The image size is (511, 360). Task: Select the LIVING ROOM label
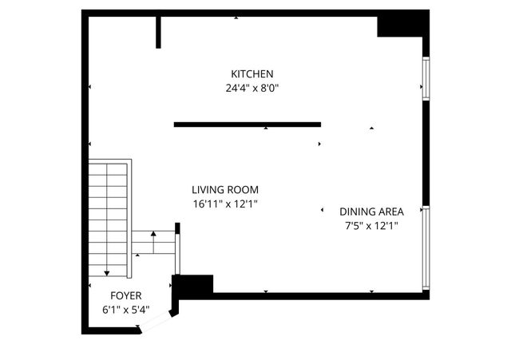(225, 190)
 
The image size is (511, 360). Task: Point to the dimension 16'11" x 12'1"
(225, 204)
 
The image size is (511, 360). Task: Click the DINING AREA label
(371, 212)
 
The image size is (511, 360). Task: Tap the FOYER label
(126, 295)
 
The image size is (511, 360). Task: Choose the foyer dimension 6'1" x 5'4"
(126, 310)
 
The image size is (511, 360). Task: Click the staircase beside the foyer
(108, 216)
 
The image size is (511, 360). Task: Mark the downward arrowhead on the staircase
(107, 273)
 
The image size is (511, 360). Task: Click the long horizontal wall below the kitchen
(248, 125)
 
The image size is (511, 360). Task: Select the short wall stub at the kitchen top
(158, 32)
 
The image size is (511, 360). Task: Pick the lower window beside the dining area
(426, 247)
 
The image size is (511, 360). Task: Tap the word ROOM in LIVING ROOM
(244, 190)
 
